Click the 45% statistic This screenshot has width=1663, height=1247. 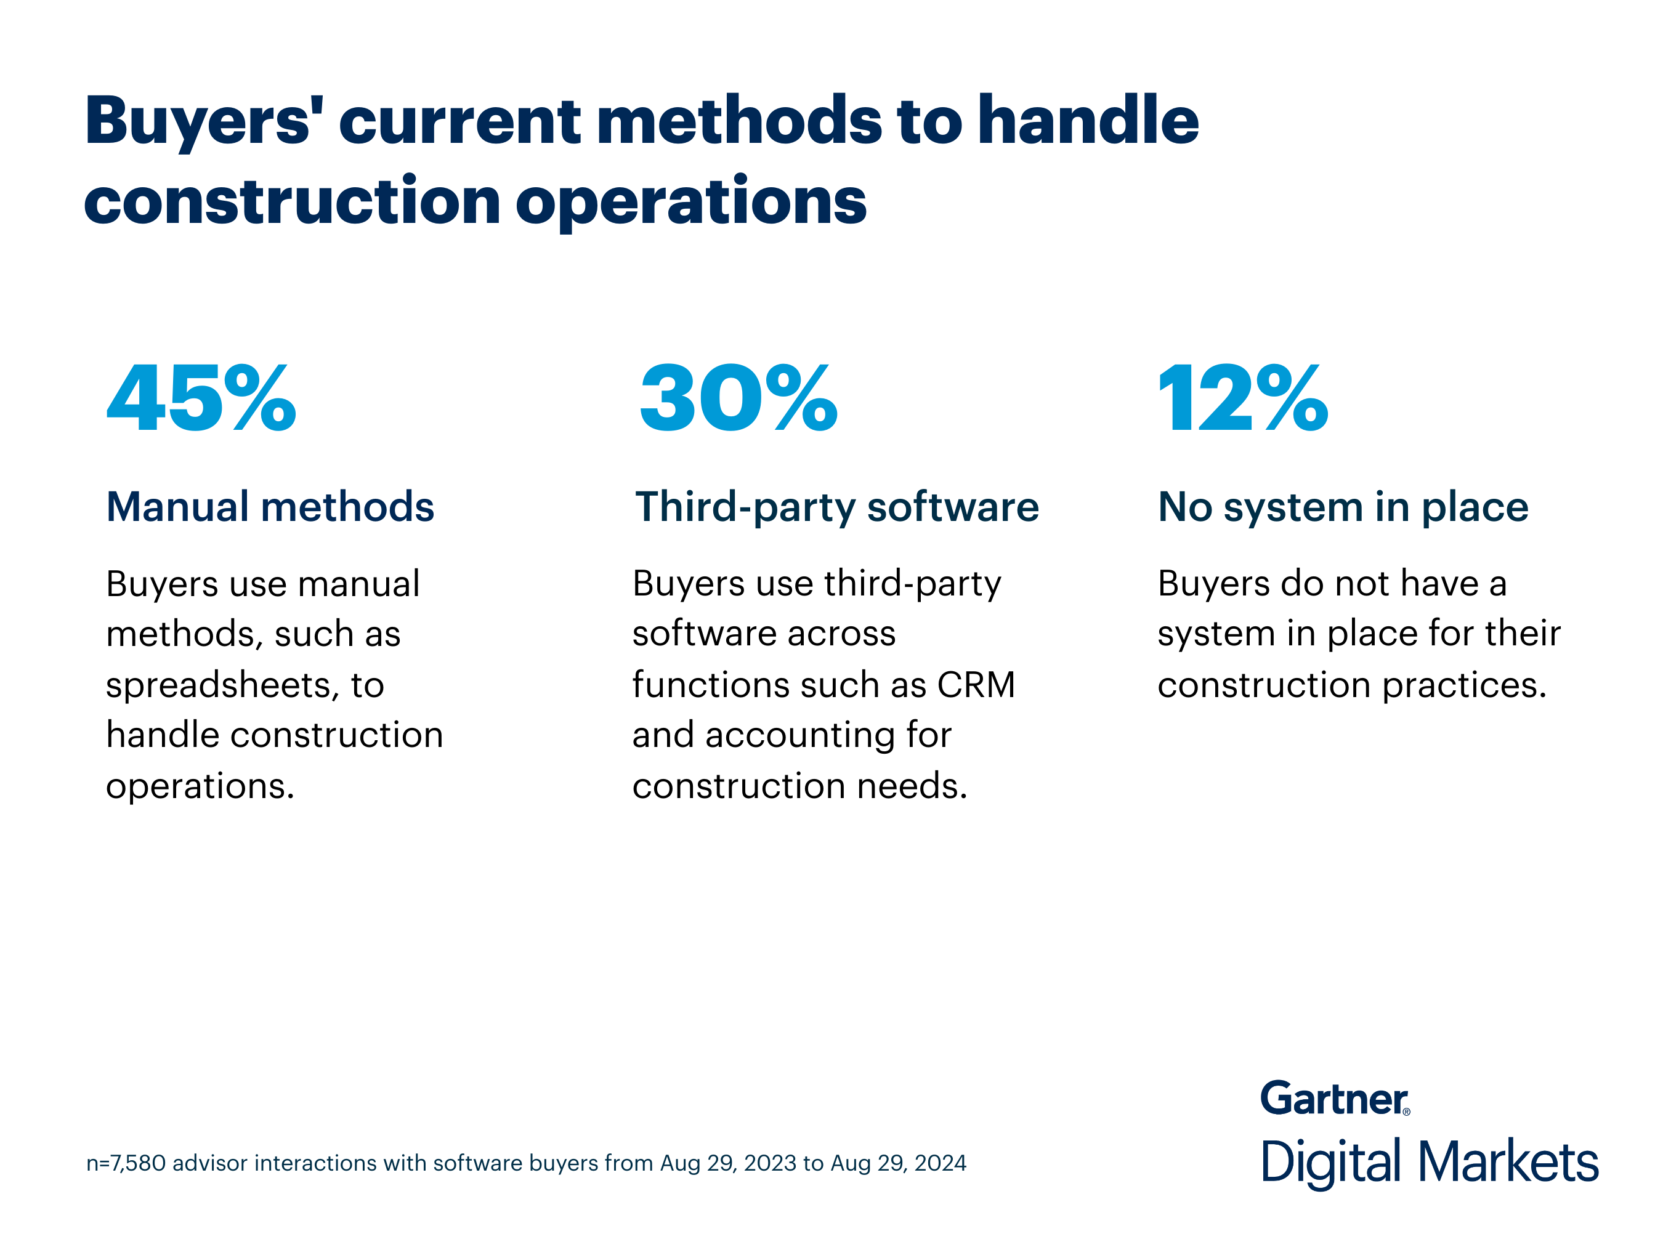[201, 398]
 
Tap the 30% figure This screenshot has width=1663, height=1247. [738, 398]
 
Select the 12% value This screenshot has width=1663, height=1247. [1244, 398]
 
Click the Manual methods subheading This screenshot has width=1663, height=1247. [270, 507]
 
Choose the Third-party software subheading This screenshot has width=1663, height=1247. [837, 507]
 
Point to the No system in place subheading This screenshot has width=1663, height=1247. [1343, 507]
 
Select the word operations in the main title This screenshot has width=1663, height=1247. [691, 201]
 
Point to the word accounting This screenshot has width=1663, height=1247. [800, 735]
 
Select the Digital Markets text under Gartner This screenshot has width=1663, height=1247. [1429, 1162]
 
